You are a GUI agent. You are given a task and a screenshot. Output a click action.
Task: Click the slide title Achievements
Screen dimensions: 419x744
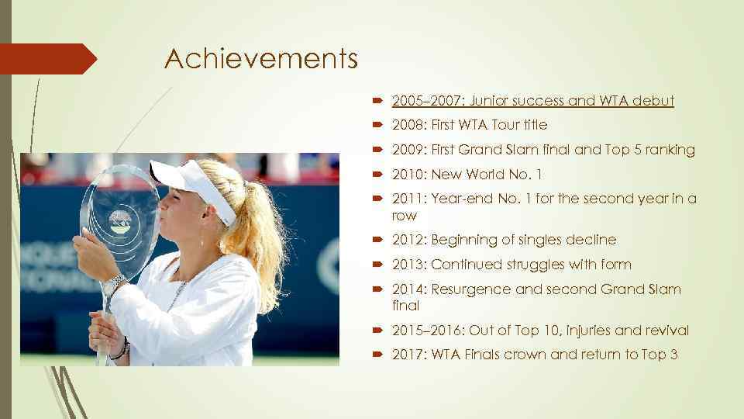(x=260, y=58)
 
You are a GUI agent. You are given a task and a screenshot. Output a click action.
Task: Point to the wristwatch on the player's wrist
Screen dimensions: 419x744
(x=114, y=285)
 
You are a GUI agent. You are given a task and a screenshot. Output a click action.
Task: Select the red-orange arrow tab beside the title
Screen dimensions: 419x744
(x=46, y=59)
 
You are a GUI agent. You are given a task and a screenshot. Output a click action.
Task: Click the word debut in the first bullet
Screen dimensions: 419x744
(x=653, y=101)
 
